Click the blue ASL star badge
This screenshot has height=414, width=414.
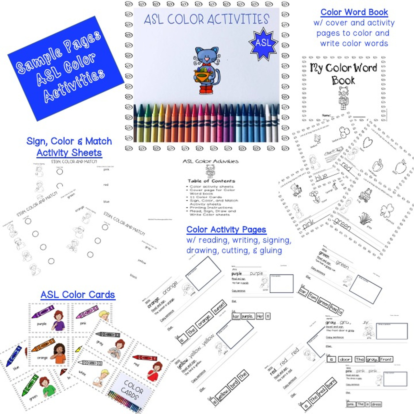click(263, 43)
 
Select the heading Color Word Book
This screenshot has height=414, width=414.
click(354, 12)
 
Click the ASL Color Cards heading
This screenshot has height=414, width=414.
click(78, 295)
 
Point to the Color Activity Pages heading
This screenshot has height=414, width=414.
click(226, 230)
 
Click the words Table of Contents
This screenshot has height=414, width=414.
click(211, 181)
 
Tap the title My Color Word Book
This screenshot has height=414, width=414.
click(343, 73)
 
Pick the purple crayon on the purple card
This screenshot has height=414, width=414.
click(43, 312)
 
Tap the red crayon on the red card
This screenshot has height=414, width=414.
click(145, 357)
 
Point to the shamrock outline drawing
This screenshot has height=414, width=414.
click(387, 211)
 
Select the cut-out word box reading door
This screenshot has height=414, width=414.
click(345, 359)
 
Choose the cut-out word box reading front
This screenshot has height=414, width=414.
click(386, 359)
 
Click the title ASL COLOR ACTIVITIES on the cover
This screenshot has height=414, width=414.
click(206, 19)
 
